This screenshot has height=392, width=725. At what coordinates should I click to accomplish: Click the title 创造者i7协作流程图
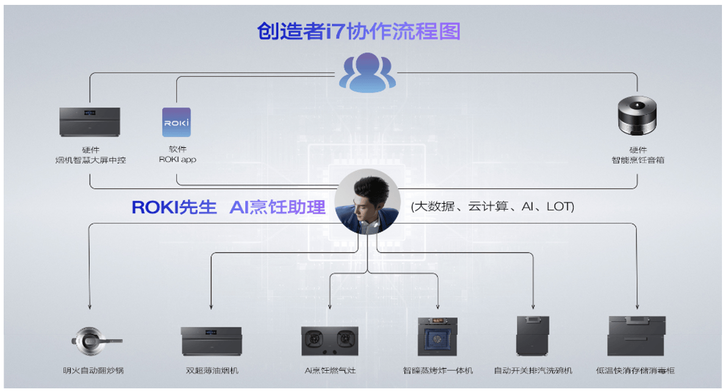click(358, 31)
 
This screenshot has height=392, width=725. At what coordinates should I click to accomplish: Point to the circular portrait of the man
click(367, 201)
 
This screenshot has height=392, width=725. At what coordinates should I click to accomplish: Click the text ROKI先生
click(174, 207)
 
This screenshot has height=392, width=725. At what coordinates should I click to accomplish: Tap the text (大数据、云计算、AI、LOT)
click(492, 207)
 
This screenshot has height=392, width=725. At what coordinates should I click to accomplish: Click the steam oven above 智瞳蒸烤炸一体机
click(438, 336)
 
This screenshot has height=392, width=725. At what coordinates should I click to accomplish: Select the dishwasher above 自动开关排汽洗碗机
click(534, 335)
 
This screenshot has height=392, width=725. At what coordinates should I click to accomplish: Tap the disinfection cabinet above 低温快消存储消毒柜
click(636, 335)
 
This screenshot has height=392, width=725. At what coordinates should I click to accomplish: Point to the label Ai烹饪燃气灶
click(329, 370)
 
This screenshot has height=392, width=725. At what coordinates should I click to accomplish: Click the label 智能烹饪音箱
click(638, 160)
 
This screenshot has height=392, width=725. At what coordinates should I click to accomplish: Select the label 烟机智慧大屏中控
click(90, 160)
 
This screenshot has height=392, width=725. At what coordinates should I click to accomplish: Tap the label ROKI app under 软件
click(178, 160)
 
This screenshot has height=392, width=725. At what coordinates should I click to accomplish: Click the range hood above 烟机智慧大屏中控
click(90, 122)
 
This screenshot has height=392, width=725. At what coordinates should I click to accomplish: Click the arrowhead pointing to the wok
click(90, 307)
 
